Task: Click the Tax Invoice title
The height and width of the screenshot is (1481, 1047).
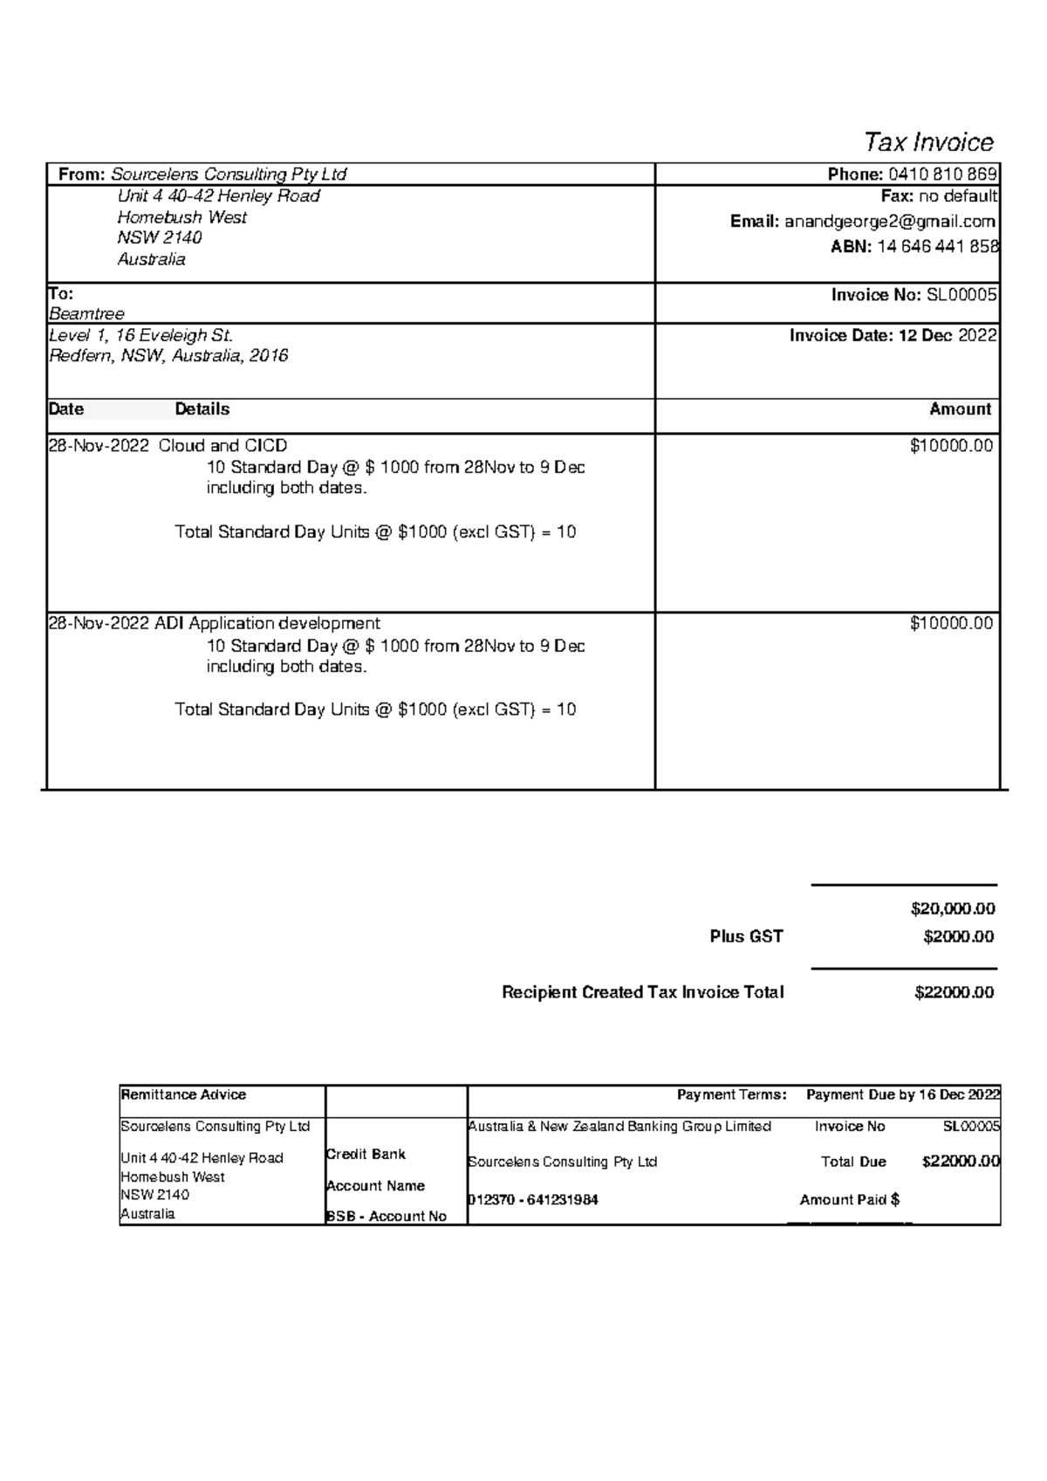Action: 928,142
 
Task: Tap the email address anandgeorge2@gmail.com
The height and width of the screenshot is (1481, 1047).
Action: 889,222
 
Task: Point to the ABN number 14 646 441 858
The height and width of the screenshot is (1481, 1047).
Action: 937,247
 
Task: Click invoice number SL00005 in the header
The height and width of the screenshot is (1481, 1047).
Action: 961,295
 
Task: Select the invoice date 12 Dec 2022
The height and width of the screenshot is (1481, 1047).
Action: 948,335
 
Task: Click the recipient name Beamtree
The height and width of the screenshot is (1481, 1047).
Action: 86,313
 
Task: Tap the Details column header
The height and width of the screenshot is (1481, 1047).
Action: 202,409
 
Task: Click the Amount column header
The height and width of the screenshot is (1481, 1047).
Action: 960,409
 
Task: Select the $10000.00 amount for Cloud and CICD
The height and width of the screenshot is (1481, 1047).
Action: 951,446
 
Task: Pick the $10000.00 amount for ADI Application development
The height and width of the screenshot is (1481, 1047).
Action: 951,623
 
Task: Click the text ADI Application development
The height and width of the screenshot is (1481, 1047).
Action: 267,623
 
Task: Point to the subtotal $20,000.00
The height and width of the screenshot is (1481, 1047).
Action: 953,908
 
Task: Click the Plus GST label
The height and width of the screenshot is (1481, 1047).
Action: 746,936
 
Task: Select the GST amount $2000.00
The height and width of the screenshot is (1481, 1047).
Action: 958,936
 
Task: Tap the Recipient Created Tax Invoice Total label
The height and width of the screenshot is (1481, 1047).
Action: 642,992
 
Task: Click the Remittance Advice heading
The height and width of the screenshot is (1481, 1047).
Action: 183,1094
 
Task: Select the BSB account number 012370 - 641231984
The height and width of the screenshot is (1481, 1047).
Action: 533,1200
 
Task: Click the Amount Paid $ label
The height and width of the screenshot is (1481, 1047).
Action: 849,1200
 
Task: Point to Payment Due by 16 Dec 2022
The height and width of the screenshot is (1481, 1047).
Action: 902,1094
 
